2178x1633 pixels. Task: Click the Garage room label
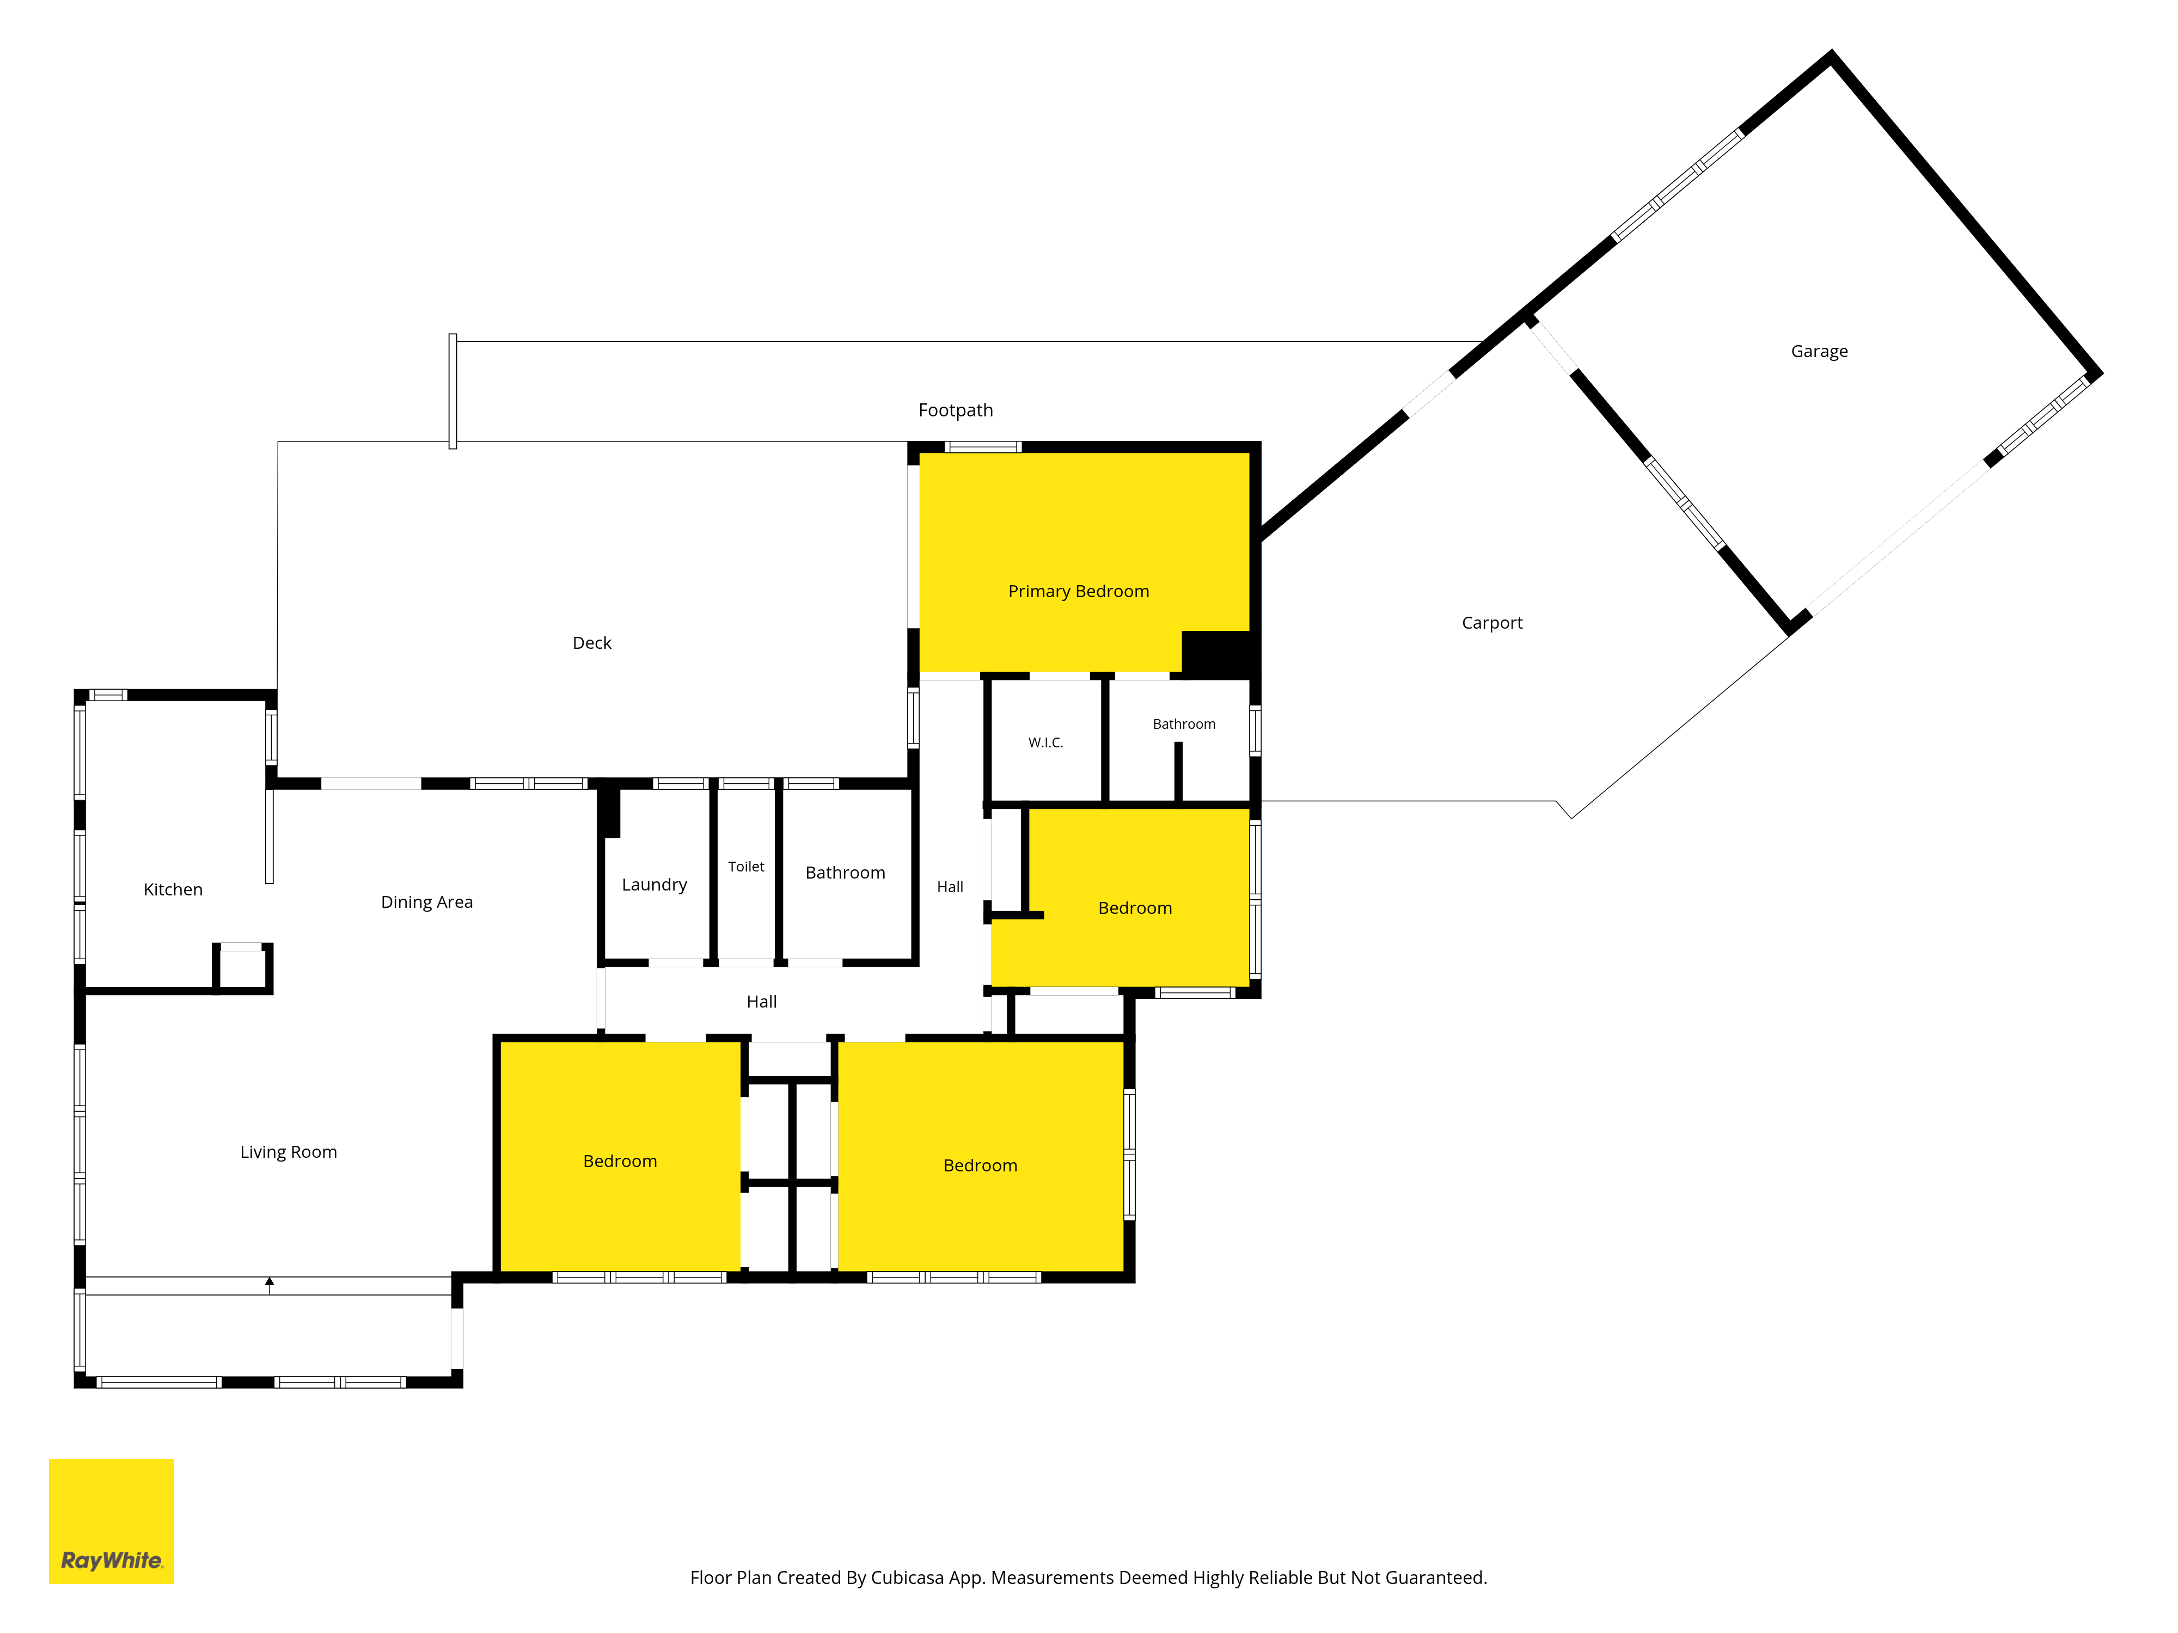pos(1819,352)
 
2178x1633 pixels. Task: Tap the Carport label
pos(1492,623)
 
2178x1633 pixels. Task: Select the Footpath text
pos(955,410)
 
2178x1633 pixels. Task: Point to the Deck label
pos(592,643)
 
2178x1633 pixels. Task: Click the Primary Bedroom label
pos(1078,592)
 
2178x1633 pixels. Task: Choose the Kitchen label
pos(173,890)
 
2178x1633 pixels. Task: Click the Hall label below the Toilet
pos(761,1002)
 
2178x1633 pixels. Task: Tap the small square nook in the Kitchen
pos(241,968)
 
